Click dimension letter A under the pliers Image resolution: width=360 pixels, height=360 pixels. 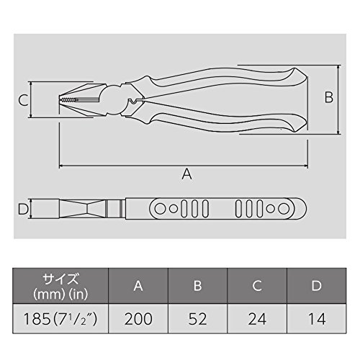click(x=186, y=174)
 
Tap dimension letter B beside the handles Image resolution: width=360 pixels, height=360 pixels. click(x=329, y=97)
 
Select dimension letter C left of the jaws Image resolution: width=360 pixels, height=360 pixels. click(x=24, y=100)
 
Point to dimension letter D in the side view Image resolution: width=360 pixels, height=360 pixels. click(x=23, y=209)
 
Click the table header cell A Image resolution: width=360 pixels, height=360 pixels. click(x=138, y=286)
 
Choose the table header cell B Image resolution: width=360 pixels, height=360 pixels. click(x=197, y=286)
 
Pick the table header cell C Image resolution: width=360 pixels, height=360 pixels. click(x=257, y=286)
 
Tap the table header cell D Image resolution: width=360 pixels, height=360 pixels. click(x=317, y=286)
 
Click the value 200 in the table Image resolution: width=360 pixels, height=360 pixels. click(x=138, y=319)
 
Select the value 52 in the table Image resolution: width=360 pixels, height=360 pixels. click(x=197, y=319)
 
